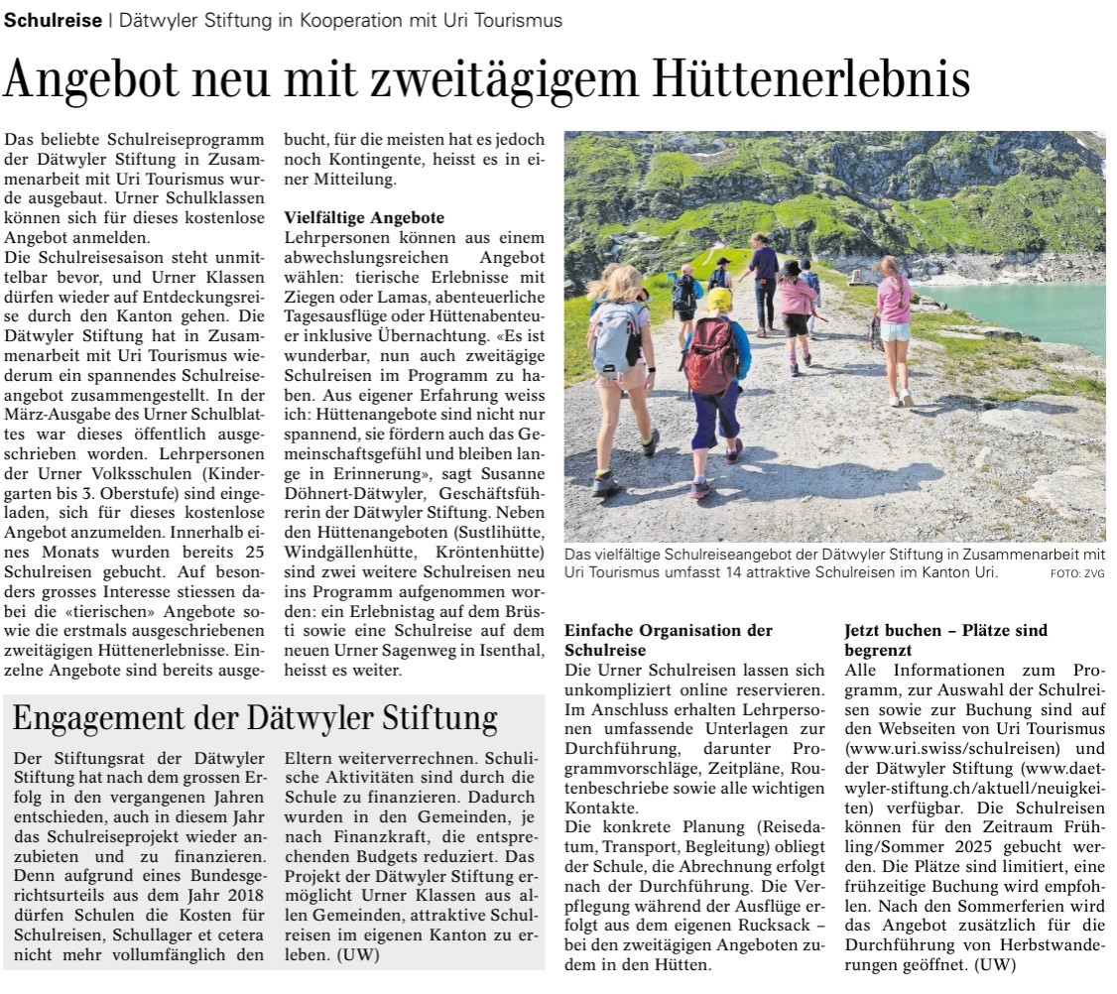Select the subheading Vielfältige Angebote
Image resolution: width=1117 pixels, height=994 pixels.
tap(364, 216)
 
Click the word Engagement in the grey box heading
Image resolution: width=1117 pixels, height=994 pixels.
tap(106, 718)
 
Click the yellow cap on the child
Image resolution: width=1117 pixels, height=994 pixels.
tap(718, 299)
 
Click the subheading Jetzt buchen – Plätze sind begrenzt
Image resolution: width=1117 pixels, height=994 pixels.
tap(945, 640)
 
